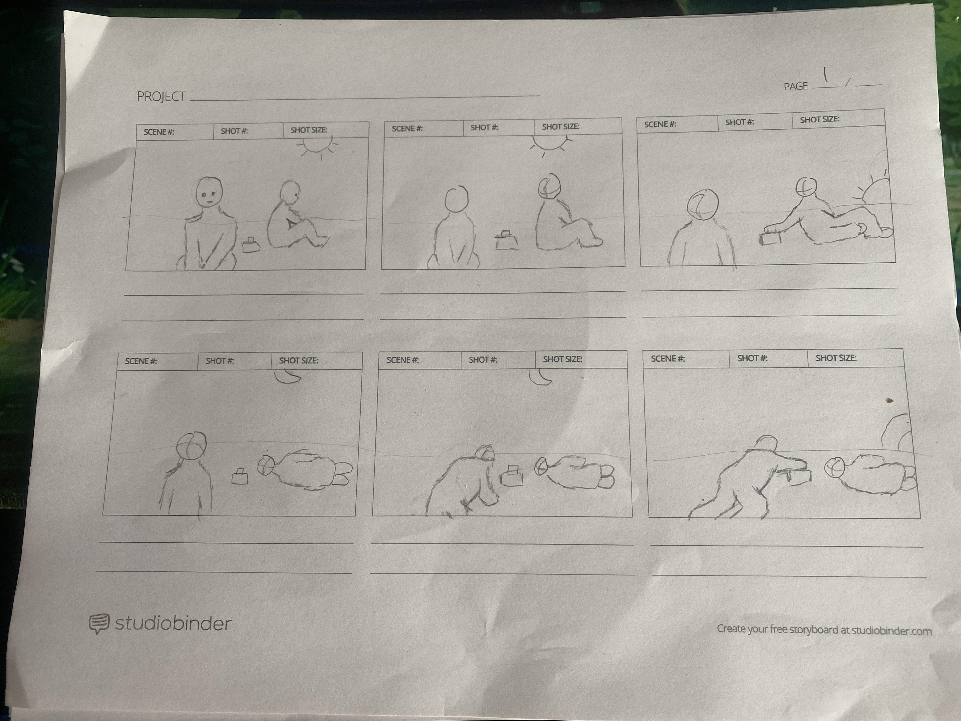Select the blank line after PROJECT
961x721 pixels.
(365, 97)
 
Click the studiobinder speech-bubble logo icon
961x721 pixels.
(99, 623)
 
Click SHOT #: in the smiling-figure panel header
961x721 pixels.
(234, 131)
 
